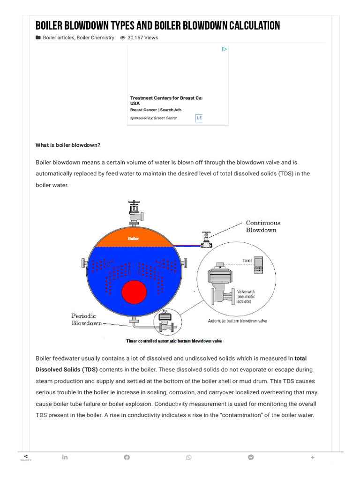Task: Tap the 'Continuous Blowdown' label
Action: tap(263, 226)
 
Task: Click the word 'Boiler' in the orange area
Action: tap(134, 239)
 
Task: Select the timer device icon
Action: tap(258, 265)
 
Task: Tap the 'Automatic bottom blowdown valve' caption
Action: tap(237, 321)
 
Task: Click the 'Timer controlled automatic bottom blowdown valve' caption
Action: tap(174, 341)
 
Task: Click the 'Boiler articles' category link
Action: tap(58, 37)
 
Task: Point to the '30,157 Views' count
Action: tap(142, 37)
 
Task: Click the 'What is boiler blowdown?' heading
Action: tap(68, 145)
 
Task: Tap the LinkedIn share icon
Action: tap(65, 457)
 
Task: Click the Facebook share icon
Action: tap(127, 457)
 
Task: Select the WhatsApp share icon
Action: tap(189, 457)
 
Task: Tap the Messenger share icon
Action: tap(251, 457)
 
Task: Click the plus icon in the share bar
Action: tap(313, 457)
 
